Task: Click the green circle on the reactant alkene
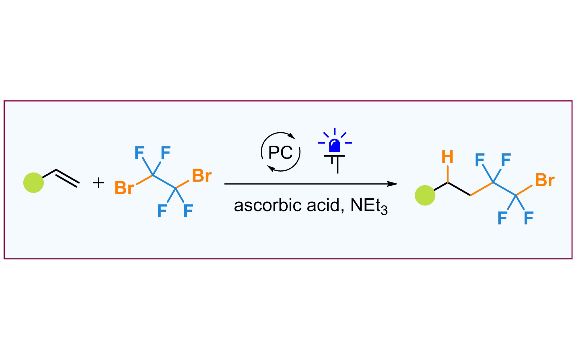click(x=34, y=183)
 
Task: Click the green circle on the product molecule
click(x=425, y=195)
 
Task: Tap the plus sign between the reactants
click(x=98, y=183)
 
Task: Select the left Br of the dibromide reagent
click(x=124, y=188)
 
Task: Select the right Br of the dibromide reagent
click(x=202, y=176)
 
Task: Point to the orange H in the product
click(x=447, y=157)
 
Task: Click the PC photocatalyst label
click(x=280, y=152)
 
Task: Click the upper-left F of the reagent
click(x=139, y=153)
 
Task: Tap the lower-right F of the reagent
click(x=188, y=211)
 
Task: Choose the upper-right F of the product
click(x=506, y=160)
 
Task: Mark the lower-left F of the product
click(x=502, y=218)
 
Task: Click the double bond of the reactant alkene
click(x=67, y=178)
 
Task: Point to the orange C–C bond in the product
click(x=481, y=189)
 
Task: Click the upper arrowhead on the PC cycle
click(x=292, y=136)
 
